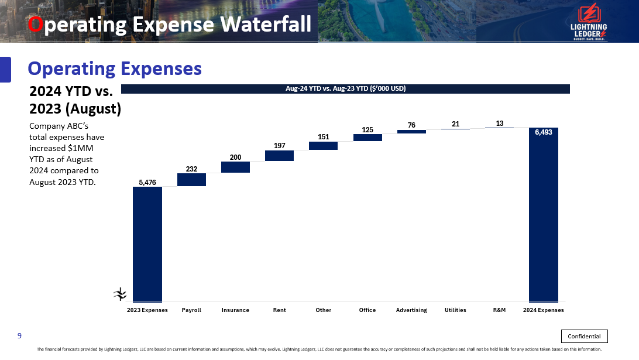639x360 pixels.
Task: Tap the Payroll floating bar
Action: pos(191,180)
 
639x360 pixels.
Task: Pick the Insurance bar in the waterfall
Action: pos(235,167)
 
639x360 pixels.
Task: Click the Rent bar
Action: pos(279,156)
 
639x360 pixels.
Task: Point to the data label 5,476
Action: pos(147,183)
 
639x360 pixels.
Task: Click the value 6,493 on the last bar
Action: pos(543,132)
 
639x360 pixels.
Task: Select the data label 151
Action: pos(323,137)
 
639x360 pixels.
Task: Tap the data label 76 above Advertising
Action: pos(411,125)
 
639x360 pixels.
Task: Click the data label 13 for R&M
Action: pos(499,124)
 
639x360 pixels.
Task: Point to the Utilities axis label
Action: pos(455,310)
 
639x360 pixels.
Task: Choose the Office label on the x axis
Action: pos(367,310)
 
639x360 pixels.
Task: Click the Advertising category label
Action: pos(411,310)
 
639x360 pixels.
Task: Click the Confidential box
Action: pos(584,336)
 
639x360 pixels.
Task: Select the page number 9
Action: pos(19,335)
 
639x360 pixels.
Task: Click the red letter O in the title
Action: pos(36,25)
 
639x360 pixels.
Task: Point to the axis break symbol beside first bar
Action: pos(120,294)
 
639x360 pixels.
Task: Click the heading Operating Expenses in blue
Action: pos(115,68)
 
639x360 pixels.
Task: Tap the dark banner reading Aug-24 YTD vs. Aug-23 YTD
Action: pos(345,89)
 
